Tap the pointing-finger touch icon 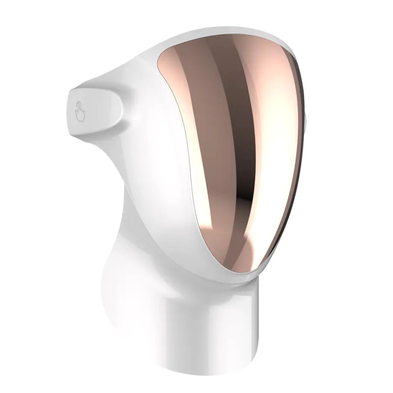(80, 112)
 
